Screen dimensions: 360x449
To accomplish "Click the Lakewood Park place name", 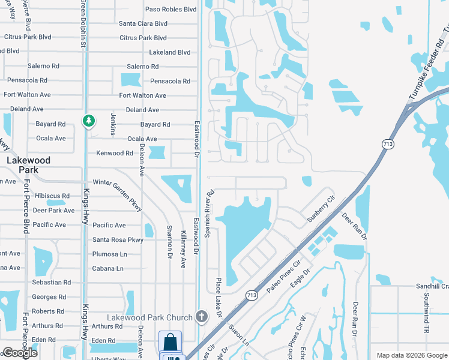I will (28, 165).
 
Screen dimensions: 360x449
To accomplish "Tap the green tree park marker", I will (89, 121).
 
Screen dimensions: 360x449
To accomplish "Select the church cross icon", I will (202, 316).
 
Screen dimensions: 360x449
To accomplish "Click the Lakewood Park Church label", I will (149, 317).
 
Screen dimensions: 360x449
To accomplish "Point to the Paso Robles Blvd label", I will (171, 10).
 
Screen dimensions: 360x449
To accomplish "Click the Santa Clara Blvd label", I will (143, 24).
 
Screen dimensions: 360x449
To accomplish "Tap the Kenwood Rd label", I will (115, 154).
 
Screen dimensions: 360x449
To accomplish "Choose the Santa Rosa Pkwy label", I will (118, 240).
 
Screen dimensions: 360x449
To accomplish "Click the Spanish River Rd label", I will (210, 214).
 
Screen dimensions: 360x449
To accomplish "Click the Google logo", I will (20, 353).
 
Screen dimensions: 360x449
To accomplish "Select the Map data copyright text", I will (411, 355).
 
